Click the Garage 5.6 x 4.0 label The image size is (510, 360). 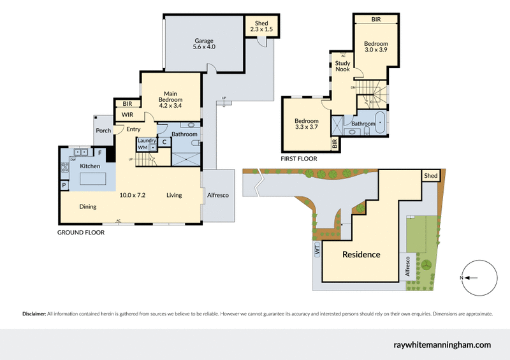pyautogui.click(x=205, y=43)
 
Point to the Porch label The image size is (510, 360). pyautogui.click(x=103, y=131)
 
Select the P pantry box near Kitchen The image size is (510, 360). pyautogui.click(x=64, y=185)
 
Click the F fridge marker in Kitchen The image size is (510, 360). pyautogui.click(x=99, y=153)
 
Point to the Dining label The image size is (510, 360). pyautogui.click(x=88, y=206)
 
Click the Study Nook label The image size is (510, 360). pyautogui.click(x=343, y=66)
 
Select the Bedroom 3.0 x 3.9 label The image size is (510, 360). pyautogui.click(x=376, y=47)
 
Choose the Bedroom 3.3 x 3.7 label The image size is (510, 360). pyautogui.click(x=306, y=125)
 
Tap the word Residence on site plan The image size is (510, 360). pyautogui.click(x=361, y=254)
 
